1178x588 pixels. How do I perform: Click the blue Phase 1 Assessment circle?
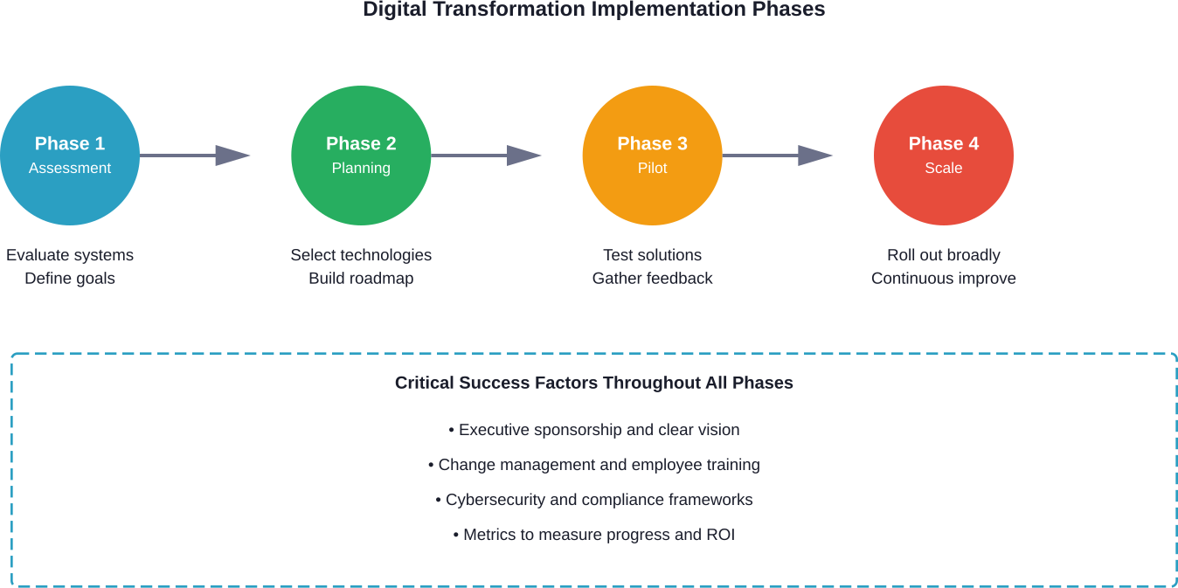pos(69,156)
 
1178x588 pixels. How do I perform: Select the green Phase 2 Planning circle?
pos(361,156)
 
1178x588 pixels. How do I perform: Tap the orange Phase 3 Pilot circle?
pos(652,156)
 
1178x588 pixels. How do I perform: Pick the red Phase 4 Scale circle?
pos(944,156)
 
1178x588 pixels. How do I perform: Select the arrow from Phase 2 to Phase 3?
pos(486,156)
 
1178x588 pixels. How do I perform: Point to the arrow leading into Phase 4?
pos(778,156)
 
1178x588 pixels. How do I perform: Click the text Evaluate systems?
pos(70,255)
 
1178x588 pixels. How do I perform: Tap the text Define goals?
pos(70,279)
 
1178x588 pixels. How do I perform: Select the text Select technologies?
pos(361,255)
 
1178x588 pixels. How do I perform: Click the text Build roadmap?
pos(361,279)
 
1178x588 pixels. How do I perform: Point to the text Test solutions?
pos(652,255)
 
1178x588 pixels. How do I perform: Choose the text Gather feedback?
pos(652,279)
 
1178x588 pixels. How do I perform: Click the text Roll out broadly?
pos(944,255)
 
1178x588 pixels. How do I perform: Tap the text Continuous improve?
pos(944,279)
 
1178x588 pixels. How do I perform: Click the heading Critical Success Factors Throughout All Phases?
pos(594,383)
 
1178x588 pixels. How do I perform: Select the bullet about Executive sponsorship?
pos(594,430)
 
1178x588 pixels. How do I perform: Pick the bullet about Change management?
pos(594,465)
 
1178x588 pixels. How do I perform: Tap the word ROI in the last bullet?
pos(720,535)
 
